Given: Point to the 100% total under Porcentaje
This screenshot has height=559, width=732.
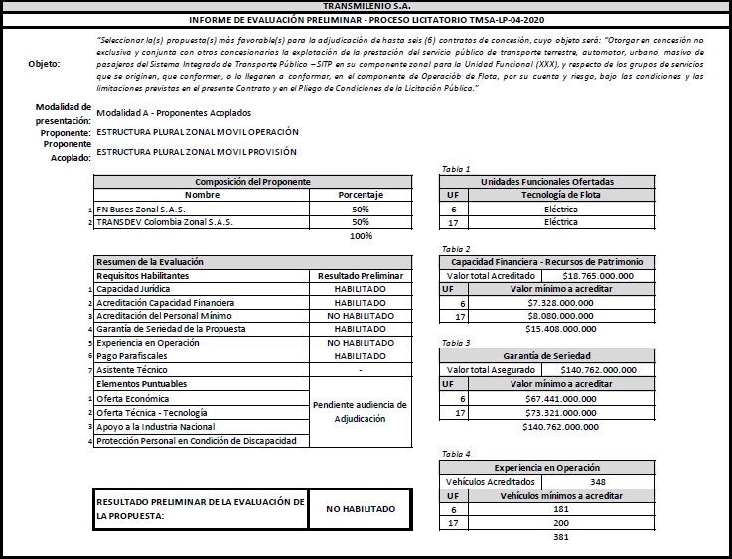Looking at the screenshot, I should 361,236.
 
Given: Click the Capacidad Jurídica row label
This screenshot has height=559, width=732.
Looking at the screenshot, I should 135,288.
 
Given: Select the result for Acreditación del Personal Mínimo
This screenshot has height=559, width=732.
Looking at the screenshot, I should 360,315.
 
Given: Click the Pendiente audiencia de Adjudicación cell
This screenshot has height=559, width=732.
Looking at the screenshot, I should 360,412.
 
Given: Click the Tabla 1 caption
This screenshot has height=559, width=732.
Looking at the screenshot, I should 456,169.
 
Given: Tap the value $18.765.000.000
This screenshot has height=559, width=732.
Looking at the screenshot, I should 599,275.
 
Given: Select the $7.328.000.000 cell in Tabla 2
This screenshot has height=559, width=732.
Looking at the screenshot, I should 560,302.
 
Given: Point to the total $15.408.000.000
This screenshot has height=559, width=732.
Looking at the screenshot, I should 561,328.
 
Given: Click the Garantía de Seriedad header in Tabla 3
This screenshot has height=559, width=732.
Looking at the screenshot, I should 547,355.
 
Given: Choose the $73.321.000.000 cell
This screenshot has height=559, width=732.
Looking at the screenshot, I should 560,412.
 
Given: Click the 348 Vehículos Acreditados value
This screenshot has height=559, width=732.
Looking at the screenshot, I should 598,481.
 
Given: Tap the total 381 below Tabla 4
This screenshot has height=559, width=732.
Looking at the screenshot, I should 561,537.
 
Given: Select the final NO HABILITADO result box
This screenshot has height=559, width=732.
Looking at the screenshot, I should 360,509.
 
